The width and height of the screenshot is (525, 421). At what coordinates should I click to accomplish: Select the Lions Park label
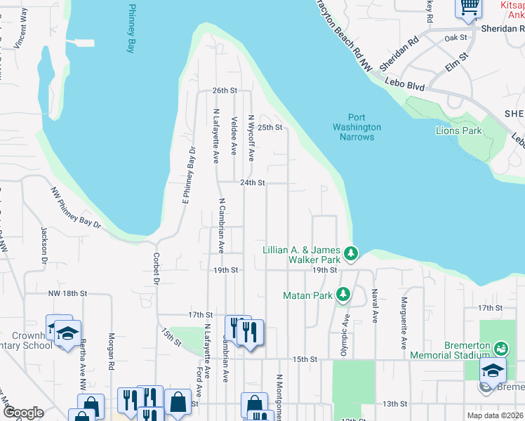(459, 131)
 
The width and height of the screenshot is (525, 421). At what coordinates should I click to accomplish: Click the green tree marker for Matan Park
(343, 295)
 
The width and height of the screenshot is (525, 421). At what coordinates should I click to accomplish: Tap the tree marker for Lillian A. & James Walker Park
(352, 252)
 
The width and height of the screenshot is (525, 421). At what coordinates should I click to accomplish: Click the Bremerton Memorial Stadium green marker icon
(500, 347)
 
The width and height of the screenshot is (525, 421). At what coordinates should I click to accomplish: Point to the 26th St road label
(225, 91)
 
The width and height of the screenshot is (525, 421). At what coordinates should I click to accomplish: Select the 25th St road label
(270, 128)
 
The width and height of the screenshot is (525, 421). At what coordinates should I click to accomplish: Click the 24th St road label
(252, 182)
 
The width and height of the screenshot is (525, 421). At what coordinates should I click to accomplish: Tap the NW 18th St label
(68, 293)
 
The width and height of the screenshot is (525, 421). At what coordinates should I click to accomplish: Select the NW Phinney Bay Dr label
(76, 208)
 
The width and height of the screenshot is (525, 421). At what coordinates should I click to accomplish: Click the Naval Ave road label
(376, 305)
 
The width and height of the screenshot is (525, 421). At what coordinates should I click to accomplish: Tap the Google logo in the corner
(22, 413)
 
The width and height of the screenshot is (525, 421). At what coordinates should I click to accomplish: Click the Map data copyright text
(495, 415)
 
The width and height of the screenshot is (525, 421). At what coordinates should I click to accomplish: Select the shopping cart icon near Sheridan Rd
(468, 8)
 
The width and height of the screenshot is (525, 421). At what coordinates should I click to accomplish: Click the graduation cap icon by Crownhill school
(67, 334)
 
